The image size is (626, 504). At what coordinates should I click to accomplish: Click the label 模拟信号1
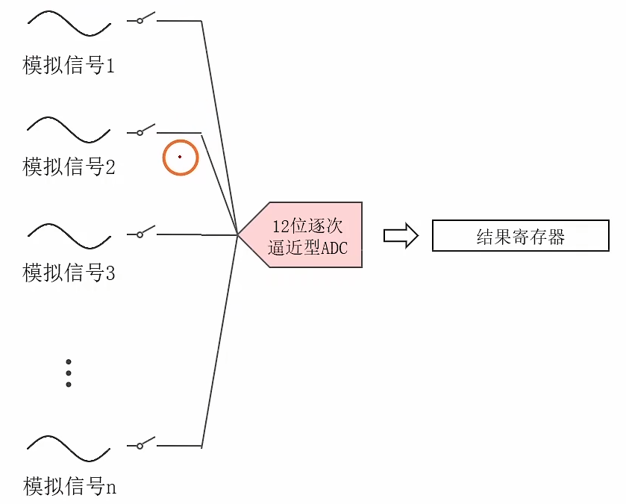coord(69,66)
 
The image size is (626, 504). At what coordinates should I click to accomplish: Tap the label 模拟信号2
coord(69,167)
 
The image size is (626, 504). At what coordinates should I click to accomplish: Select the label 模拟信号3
coord(69,273)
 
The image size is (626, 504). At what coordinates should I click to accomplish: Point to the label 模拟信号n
coord(69,488)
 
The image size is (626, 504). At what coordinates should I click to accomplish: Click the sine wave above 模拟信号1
coord(69,23)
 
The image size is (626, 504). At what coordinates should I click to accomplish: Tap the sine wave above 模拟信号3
coord(69,235)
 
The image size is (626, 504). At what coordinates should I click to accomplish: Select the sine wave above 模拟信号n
coord(69,448)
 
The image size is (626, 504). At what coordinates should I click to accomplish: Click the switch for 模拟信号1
coord(145,19)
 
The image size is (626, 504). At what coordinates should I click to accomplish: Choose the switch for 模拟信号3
coord(145,231)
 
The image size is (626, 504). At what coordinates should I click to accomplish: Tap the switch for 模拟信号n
coord(145,444)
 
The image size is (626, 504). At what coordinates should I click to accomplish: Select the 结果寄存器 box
coord(521,236)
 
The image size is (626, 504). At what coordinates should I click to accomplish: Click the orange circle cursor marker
coord(181,158)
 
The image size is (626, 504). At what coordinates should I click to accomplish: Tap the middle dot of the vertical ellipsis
coord(69,373)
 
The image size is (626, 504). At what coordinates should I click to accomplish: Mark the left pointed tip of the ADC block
coord(240,234)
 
